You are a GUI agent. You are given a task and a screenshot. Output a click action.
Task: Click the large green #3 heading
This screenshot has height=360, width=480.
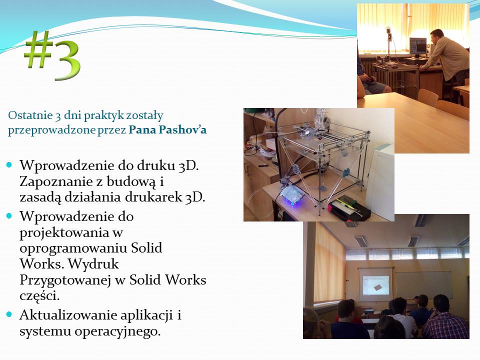click(x=52, y=55)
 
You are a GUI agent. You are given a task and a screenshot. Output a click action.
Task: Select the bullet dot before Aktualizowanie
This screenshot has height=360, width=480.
click(x=9, y=314)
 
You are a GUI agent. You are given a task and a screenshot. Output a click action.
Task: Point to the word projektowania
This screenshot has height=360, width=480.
click(x=64, y=233)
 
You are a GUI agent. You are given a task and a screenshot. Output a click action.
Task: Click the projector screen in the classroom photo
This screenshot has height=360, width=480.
click(x=375, y=284)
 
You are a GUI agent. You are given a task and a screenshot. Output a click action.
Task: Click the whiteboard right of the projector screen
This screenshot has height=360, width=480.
click(x=423, y=285)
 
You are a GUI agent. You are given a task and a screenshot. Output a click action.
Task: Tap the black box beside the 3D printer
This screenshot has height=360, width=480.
click(x=349, y=207)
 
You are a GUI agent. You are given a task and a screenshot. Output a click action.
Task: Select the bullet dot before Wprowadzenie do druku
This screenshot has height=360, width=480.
click(x=9, y=165)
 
